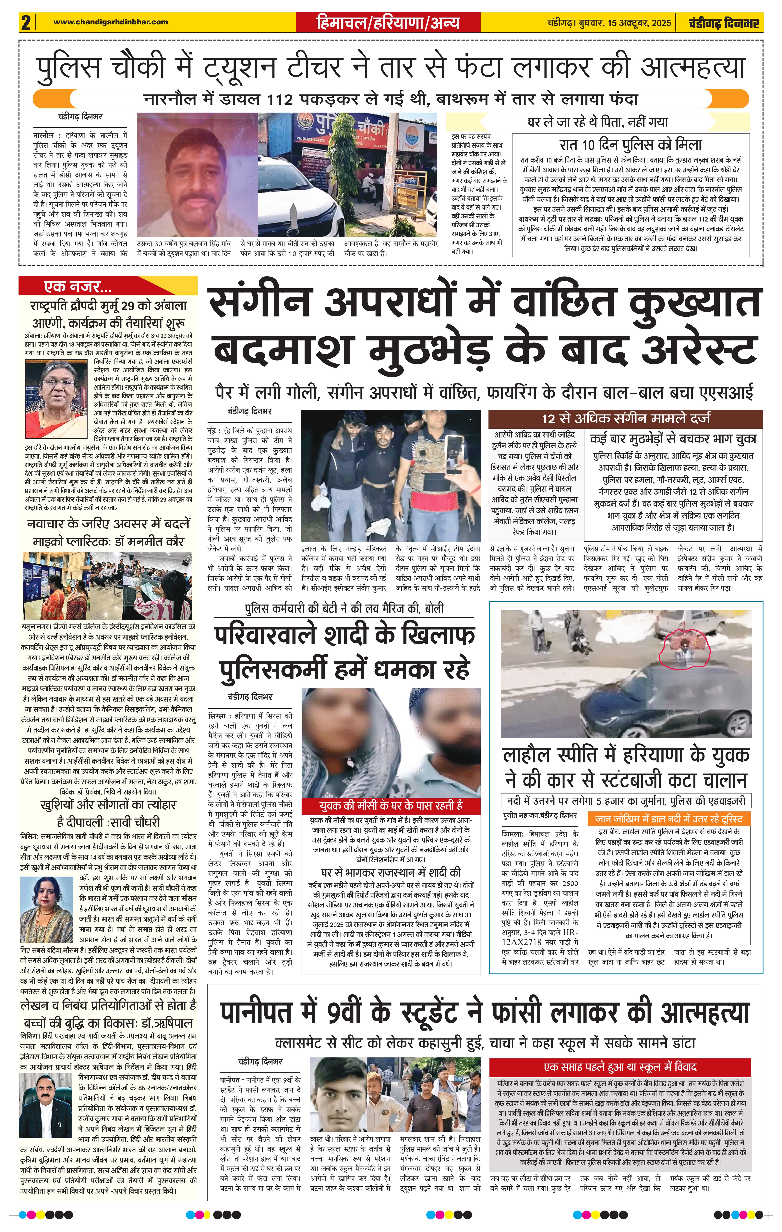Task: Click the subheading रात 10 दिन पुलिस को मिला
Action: pos(631,144)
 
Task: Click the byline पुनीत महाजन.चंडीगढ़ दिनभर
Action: pos(540,815)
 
